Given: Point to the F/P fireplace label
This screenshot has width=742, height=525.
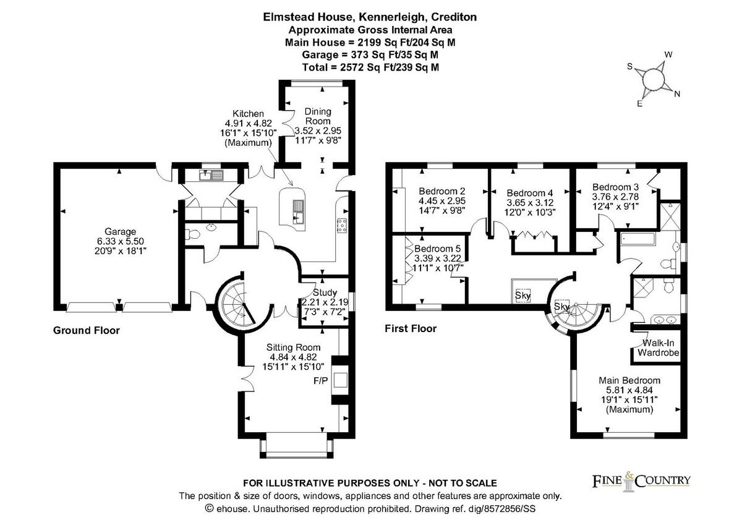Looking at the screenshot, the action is click(x=321, y=381).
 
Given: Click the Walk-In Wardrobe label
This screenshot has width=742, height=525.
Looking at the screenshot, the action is click(x=658, y=348).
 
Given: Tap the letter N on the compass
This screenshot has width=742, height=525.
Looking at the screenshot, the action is click(x=677, y=94).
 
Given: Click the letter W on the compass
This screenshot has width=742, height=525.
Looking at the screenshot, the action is click(x=668, y=54).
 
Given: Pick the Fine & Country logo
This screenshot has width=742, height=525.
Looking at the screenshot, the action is click(x=641, y=482).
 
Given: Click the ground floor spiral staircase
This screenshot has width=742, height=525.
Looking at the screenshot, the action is click(x=239, y=305).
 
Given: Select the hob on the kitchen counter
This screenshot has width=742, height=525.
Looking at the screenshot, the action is click(x=342, y=226).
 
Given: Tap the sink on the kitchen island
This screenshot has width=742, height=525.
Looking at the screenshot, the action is click(x=298, y=211).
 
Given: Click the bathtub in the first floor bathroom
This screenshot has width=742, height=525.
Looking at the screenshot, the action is click(x=638, y=239).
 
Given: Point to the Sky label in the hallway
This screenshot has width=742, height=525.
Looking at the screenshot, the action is click(x=522, y=295).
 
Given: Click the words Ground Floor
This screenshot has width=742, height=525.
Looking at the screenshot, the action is click(x=87, y=330).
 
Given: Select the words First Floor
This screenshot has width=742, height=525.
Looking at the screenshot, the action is click(x=411, y=328).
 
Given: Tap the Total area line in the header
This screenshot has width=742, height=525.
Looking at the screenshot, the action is click(x=370, y=67).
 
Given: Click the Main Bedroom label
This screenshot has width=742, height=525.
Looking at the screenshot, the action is click(x=629, y=395).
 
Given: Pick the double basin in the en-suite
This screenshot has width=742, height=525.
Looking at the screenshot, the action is click(x=665, y=320).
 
